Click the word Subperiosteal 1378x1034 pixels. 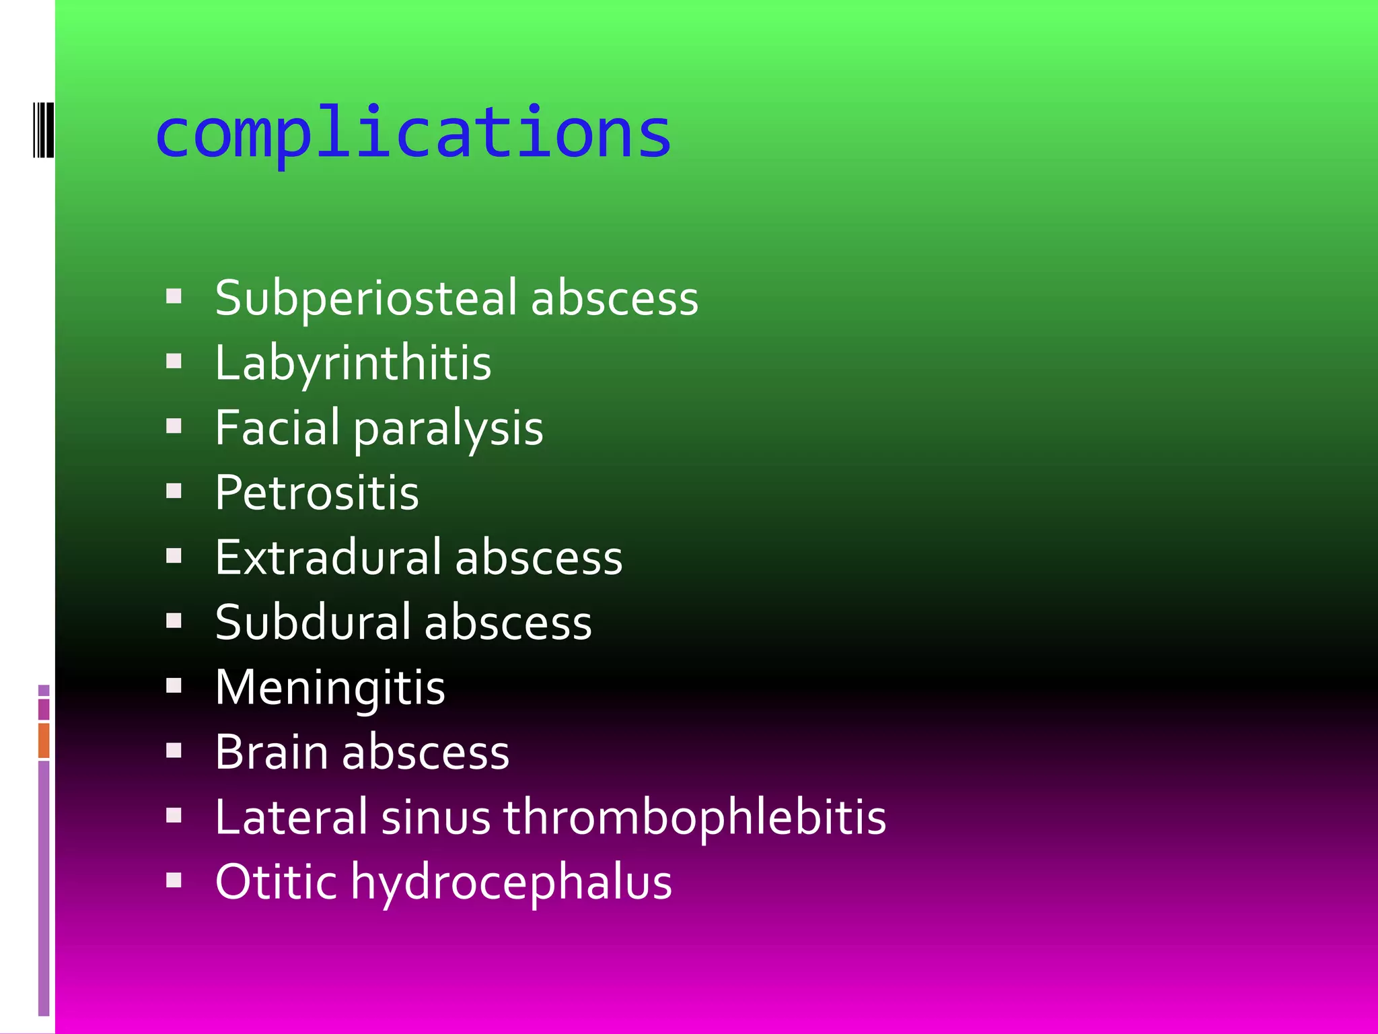click(x=366, y=298)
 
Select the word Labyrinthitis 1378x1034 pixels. click(x=353, y=364)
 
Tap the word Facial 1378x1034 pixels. click(x=277, y=427)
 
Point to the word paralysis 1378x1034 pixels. click(x=448, y=429)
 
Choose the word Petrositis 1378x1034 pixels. click(x=317, y=493)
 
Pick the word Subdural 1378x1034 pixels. click(x=313, y=623)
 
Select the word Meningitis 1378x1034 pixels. click(x=330, y=688)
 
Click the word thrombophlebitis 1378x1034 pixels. click(x=694, y=817)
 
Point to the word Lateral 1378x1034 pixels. click(x=291, y=817)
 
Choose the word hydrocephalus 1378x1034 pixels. click(x=511, y=883)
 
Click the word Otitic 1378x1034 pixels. click(x=276, y=882)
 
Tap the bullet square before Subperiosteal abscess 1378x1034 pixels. click(x=174, y=296)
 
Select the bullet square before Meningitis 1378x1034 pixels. click(x=174, y=685)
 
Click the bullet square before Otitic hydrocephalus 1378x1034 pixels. click(x=174, y=880)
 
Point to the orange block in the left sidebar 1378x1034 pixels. click(x=44, y=740)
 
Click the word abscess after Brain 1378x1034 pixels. click(x=425, y=752)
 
